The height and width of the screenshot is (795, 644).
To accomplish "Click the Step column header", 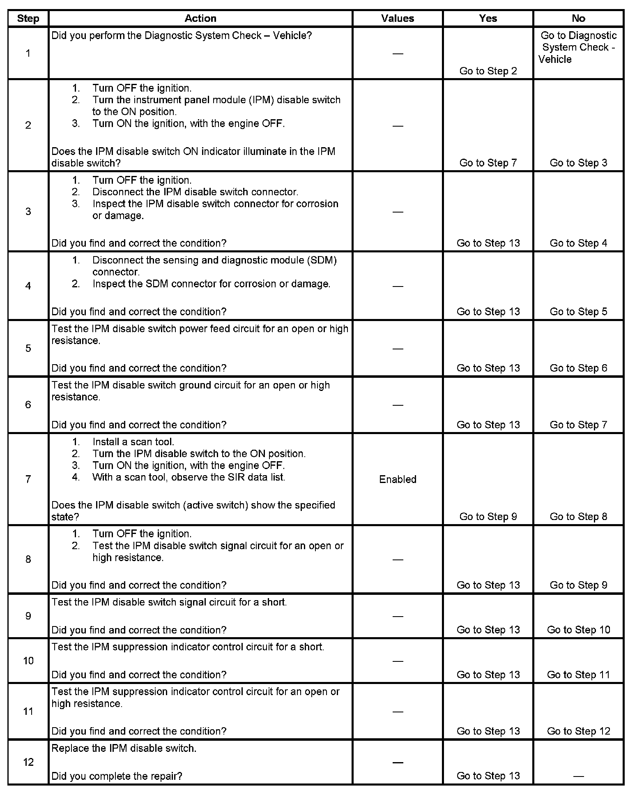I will [x=28, y=18].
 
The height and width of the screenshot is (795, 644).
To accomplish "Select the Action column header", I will [x=200, y=18].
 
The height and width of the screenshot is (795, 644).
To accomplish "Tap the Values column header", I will [x=397, y=18].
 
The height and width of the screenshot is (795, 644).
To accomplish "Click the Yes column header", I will [x=488, y=18].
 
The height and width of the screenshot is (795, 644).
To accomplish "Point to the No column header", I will [x=578, y=18].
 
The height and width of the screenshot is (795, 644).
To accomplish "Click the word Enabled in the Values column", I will [x=397, y=479].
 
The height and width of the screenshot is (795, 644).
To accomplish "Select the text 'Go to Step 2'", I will [x=488, y=71].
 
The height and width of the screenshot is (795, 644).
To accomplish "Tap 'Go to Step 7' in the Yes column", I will [x=488, y=163].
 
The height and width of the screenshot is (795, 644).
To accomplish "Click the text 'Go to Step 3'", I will [x=578, y=163].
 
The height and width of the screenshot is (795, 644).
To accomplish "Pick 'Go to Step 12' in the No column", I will [x=578, y=731].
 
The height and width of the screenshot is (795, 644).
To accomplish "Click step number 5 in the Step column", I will [x=28, y=349].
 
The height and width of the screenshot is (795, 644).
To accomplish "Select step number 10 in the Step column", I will [x=28, y=661].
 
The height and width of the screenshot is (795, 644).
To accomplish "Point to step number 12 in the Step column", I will [x=28, y=762].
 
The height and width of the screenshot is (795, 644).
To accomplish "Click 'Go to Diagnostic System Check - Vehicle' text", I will [x=578, y=47].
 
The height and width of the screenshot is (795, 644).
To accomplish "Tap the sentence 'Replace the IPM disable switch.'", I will [x=124, y=749].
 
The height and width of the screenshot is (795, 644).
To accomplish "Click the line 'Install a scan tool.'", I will [x=133, y=442].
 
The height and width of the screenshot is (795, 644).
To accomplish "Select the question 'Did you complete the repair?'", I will [x=117, y=776].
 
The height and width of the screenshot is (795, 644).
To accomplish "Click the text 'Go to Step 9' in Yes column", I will [x=488, y=517].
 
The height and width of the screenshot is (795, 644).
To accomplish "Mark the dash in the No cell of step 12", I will [x=578, y=776].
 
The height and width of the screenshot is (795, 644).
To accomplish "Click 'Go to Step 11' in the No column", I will [x=578, y=675].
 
